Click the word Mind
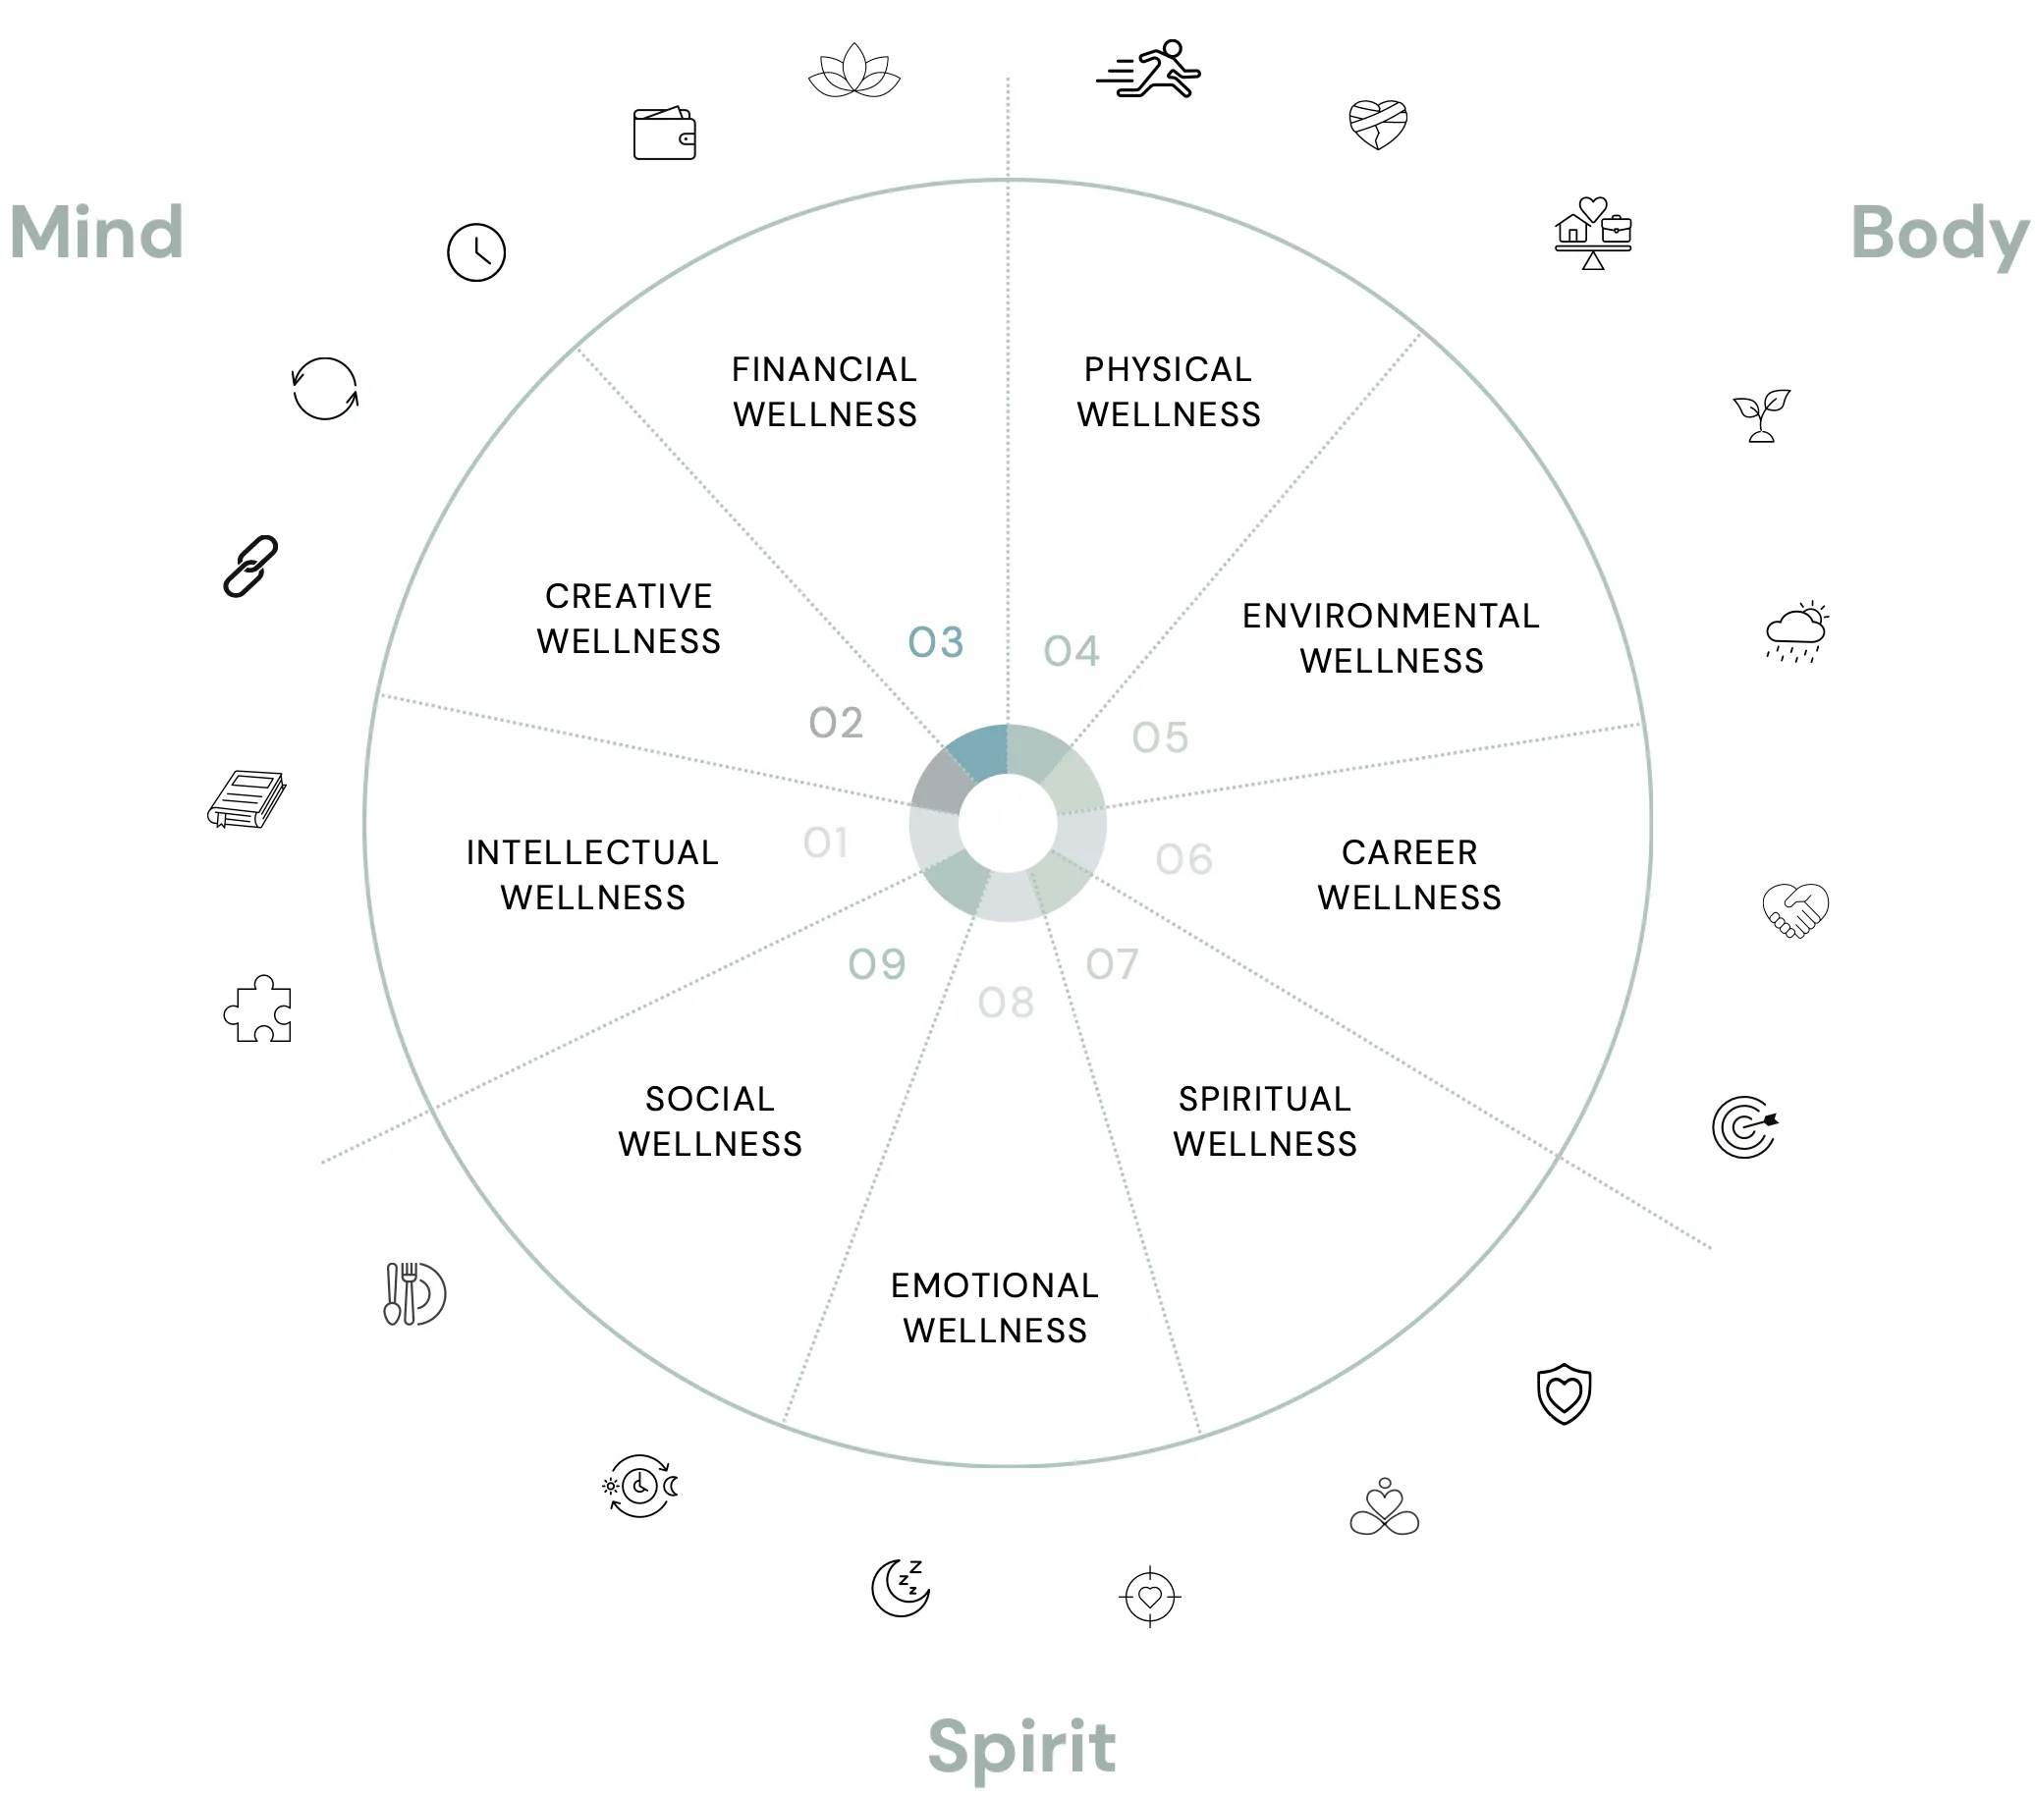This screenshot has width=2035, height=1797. pos(96,232)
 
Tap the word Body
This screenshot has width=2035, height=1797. pos(1940,235)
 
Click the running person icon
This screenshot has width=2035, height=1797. pos(1149,69)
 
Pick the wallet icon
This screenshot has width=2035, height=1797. pos(664,133)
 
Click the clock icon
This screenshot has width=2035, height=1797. pos(476,252)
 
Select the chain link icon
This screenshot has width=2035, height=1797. pos(249,566)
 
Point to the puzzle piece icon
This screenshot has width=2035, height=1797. pos(258,1008)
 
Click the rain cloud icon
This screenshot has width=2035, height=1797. pos(1797,631)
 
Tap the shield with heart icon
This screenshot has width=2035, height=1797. pos(1565,1392)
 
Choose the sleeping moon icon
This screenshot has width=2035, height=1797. pos(901,1587)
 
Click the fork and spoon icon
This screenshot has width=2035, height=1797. pos(414,1293)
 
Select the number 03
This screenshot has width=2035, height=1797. pos(936,642)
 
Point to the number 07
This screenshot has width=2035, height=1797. pos(1112,963)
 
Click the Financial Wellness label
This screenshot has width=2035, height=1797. pos(824,391)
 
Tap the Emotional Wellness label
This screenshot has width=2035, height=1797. pos(995,1307)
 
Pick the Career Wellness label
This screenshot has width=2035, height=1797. pos(1409,874)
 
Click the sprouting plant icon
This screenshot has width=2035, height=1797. pos(1761,415)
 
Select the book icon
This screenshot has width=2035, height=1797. pos(247,798)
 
